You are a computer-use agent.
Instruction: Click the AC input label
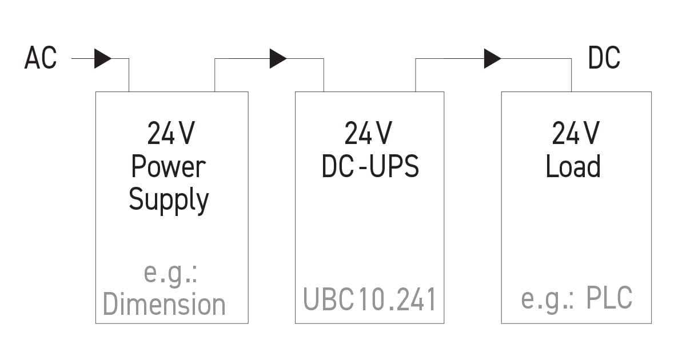(x=41, y=58)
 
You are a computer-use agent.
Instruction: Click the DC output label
(x=604, y=58)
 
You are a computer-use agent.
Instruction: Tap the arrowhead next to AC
(x=102, y=58)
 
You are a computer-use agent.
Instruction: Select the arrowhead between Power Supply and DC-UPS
(x=278, y=58)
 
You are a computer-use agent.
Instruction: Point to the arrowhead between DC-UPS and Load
(x=492, y=58)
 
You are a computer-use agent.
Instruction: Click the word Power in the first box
(x=168, y=167)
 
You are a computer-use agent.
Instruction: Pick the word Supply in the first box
(x=169, y=200)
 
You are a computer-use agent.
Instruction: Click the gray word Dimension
(x=164, y=304)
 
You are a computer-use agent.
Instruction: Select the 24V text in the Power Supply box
(x=171, y=134)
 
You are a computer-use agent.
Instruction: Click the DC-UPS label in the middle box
(x=370, y=166)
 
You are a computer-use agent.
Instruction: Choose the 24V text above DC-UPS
(x=368, y=134)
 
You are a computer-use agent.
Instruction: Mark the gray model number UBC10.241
(x=369, y=299)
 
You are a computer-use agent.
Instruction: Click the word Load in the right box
(x=573, y=166)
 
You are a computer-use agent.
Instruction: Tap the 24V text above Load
(x=576, y=134)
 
